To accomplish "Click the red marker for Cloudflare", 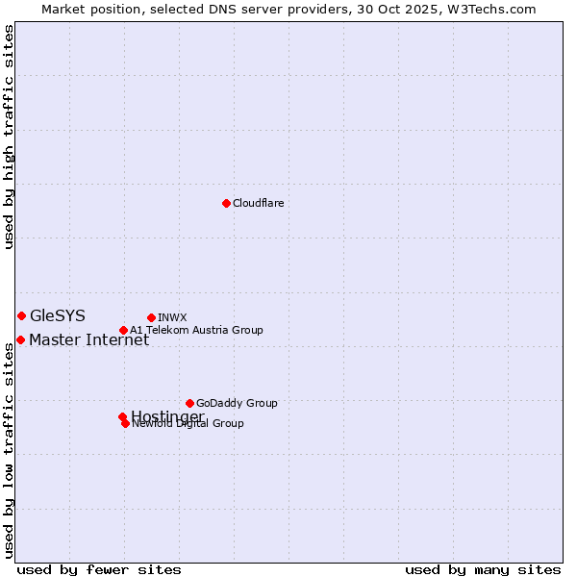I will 226,203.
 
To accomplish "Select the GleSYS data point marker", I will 21,315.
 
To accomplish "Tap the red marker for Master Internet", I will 20,339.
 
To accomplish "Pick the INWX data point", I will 151,317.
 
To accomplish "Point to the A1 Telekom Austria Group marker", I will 123,330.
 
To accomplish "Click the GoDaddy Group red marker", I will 189,403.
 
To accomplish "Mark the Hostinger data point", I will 122,416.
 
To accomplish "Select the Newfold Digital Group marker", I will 125,423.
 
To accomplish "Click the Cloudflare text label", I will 258,203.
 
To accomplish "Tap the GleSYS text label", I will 57,315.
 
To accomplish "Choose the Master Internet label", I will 88,339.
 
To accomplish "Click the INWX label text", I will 172,317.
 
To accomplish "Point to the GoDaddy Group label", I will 237,403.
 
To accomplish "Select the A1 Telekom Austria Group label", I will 196,330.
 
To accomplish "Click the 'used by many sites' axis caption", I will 483,570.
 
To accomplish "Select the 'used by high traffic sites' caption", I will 10,137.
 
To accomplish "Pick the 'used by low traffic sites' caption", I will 10,450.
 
